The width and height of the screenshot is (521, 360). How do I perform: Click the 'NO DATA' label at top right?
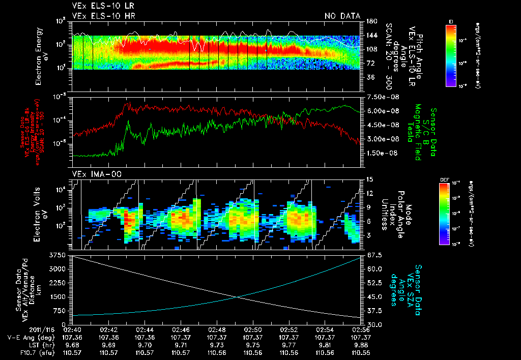(x=342, y=16)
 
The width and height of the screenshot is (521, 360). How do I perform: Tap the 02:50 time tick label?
(x=253, y=329)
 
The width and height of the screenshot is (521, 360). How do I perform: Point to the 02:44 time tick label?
(x=145, y=329)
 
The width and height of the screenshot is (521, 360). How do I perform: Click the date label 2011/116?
(x=40, y=329)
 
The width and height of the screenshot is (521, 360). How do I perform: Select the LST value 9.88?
(x=361, y=344)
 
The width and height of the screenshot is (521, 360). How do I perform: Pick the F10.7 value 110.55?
(x=361, y=351)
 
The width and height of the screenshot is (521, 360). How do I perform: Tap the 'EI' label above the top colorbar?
(x=451, y=21)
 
